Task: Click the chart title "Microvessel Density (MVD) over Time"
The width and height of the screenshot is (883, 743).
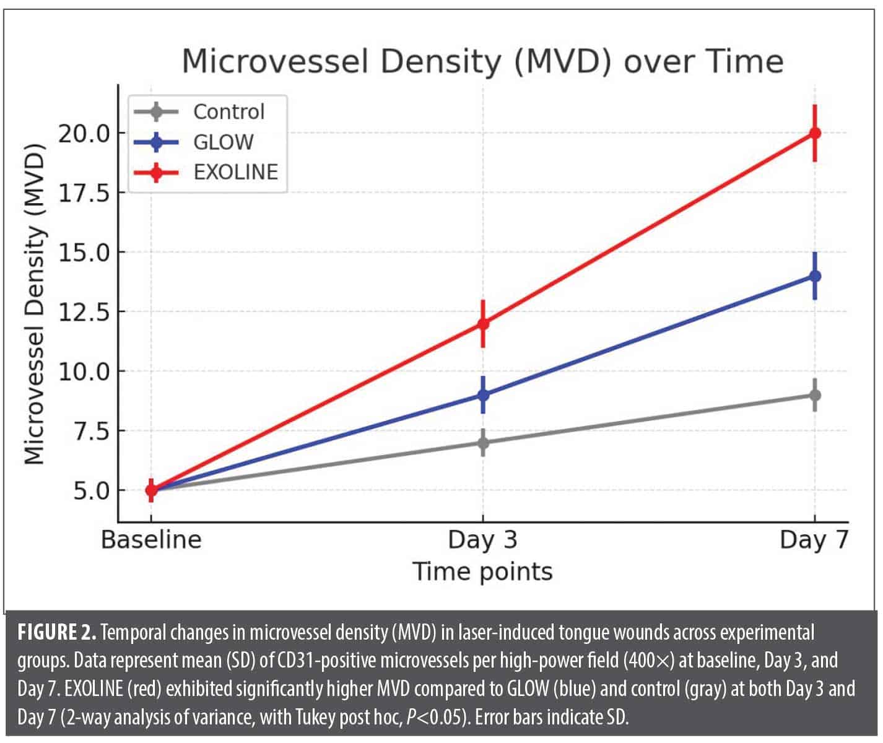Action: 482,62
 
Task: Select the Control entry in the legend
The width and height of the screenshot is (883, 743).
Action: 228,112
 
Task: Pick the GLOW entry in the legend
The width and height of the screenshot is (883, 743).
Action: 223,142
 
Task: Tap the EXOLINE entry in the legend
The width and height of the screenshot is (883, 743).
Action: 235,172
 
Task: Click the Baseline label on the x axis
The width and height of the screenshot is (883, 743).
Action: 151,540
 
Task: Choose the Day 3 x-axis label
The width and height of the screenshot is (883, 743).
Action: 482,540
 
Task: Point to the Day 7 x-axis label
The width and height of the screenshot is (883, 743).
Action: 814,540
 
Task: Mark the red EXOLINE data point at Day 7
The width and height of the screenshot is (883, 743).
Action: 815,133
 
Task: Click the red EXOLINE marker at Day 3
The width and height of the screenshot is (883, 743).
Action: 483,323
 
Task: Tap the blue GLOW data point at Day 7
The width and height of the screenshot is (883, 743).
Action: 815,276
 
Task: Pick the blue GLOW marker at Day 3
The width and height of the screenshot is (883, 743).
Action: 483,394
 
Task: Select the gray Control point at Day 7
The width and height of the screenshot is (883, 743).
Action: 815,395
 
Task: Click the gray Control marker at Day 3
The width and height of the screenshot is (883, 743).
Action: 483,443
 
